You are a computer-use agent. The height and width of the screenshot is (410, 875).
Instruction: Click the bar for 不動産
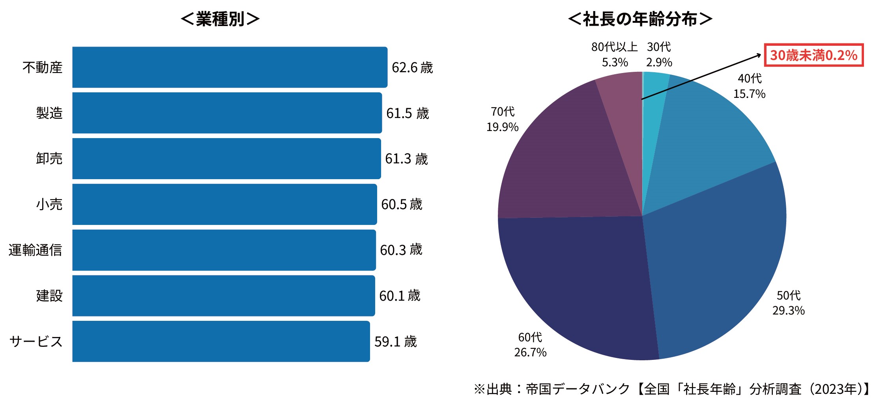click(230, 67)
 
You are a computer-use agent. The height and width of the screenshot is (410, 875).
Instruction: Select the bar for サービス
click(221, 341)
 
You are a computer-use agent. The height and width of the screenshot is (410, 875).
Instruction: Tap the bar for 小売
click(224, 204)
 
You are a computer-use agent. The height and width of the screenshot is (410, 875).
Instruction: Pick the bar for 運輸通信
click(224, 250)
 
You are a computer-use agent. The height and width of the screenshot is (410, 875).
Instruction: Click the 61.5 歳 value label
click(407, 114)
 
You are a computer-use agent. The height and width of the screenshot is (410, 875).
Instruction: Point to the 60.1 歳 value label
click(400, 296)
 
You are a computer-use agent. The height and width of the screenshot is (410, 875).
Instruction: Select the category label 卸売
click(49, 159)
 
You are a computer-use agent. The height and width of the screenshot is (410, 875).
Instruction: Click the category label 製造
click(49, 113)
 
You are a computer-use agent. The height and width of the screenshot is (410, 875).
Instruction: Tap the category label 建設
click(49, 296)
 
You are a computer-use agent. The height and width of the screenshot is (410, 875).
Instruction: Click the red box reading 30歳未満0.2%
click(814, 55)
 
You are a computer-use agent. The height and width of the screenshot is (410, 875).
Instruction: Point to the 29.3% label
click(788, 311)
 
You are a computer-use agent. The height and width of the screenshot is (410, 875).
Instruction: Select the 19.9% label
click(502, 127)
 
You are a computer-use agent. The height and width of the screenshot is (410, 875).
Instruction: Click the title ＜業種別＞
click(220, 19)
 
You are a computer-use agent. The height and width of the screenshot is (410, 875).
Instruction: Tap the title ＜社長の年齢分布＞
click(640, 19)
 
